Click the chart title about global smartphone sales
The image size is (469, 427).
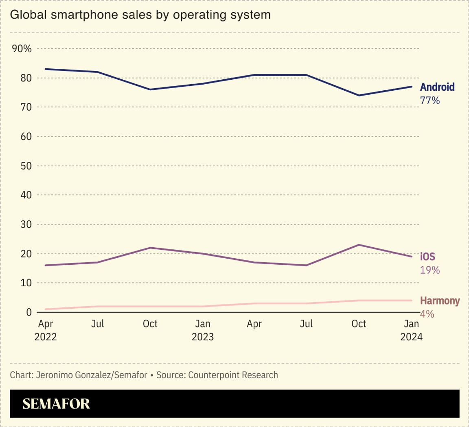click(x=140, y=15)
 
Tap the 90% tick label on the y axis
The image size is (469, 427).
click(x=22, y=49)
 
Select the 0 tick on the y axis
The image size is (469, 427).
click(x=29, y=312)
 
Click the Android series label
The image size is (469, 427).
click(x=437, y=87)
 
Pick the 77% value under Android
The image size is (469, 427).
click(x=430, y=100)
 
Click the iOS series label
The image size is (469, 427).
click(x=427, y=257)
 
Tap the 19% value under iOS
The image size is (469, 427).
click(x=430, y=270)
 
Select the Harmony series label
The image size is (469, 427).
click(x=440, y=301)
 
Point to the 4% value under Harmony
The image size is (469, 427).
click(x=427, y=314)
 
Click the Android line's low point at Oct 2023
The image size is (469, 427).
click(x=359, y=95)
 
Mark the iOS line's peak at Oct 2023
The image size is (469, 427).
click(x=359, y=245)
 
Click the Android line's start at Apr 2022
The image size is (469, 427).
click(x=45, y=69)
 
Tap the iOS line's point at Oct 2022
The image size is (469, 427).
click(x=150, y=248)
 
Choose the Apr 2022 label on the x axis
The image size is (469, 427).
click(x=45, y=330)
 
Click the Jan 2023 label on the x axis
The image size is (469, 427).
click(x=202, y=330)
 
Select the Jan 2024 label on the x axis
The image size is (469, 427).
click(x=411, y=330)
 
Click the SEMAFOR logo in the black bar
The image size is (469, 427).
click(x=56, y=404)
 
